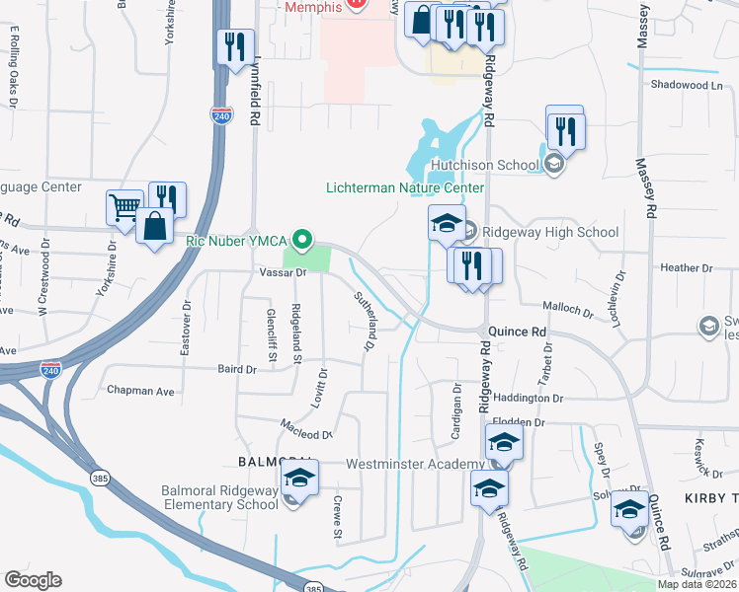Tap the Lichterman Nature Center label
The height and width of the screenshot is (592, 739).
[x=405, y=187]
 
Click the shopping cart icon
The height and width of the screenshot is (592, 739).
[x=124, y=208]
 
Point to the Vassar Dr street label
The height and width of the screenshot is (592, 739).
[x=285, y=272]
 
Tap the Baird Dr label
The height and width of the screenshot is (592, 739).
[x=237, y=369]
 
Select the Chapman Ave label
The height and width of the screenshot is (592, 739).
[x=145, y=391]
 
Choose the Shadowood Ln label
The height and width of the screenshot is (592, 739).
[x=687, y=85]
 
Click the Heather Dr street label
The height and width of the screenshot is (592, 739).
[x=680, y=267]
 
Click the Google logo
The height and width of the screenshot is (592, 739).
[x=33, y=580]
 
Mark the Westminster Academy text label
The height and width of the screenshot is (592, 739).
[x=414, y=464]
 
